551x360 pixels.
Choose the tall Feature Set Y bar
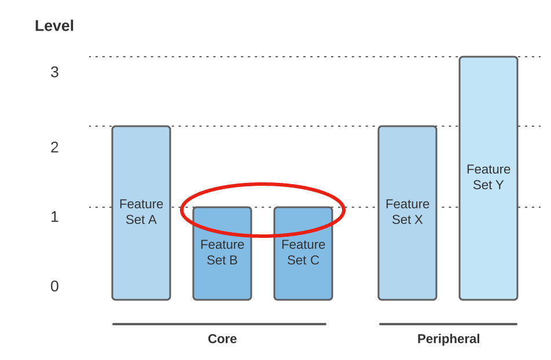[x=488, y=243]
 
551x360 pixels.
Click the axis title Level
[x=54, y=26]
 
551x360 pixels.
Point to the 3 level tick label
[x=54, y=72]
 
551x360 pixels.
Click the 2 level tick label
[x=54, y=148]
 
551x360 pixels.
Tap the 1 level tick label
[x=54, y=217]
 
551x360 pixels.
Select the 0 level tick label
[x=54, y=286]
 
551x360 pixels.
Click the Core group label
[x=222, y=339]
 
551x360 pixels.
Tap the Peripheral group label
[x=449, y=339]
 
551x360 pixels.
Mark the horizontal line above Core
[x=219, y=324]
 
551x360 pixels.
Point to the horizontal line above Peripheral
[x=448, y=324]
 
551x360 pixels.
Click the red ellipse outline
[x=263, y=185]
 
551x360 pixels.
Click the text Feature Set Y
[x=488, y=177]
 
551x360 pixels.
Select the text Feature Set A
[x=141, y=212]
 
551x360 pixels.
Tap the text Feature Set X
[x=407, y=212]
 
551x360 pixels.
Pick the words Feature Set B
[x=222, y=252]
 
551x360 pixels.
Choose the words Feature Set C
[x=303, y=252]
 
